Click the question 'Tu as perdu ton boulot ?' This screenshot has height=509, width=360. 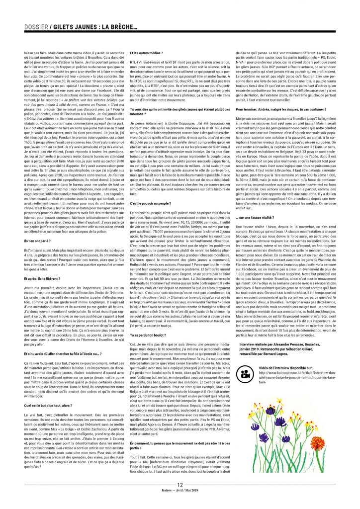coord(148,349)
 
